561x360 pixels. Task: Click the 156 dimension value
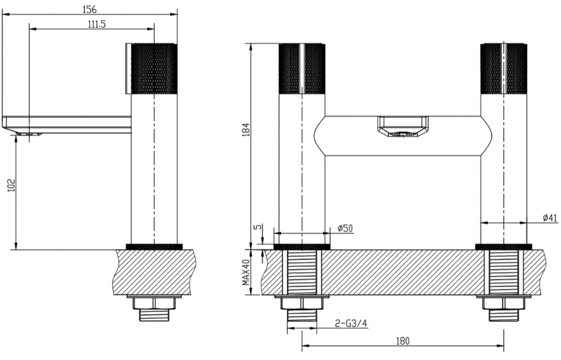pyautogui.click(x=89, y=9)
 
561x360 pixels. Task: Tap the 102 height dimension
pyautogui.click(x=12, y=185)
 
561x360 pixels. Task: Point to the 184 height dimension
pyautogui.click(x=246, y=130)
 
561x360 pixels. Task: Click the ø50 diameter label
pyautogui.click(x=345, y=228)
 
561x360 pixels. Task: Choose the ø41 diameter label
pyautogui.click(x=550, y=218)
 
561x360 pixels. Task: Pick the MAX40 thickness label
pyautogui.click(x=246, y=273)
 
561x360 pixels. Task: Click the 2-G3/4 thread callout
pyautogui.click(x=351, y=324)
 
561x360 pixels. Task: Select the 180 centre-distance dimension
pyautogui.click(x=402, y=341)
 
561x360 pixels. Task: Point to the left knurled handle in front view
pyautogui.click(x=302, y=69)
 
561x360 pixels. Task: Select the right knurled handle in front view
pyautogui.click(x=503, y=69)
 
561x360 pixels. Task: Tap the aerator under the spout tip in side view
pyautogui.click(x=28, y=134)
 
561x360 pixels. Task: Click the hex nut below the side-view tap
pyautogui.click(x=154, y=304)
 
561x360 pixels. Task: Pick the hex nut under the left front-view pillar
pyautogui.click(x=302, y=304)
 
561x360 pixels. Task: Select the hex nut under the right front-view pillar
pyautogui.click(x=503, y=304)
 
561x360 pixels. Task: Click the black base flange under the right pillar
pyautogui.click(x=503, y=246)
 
